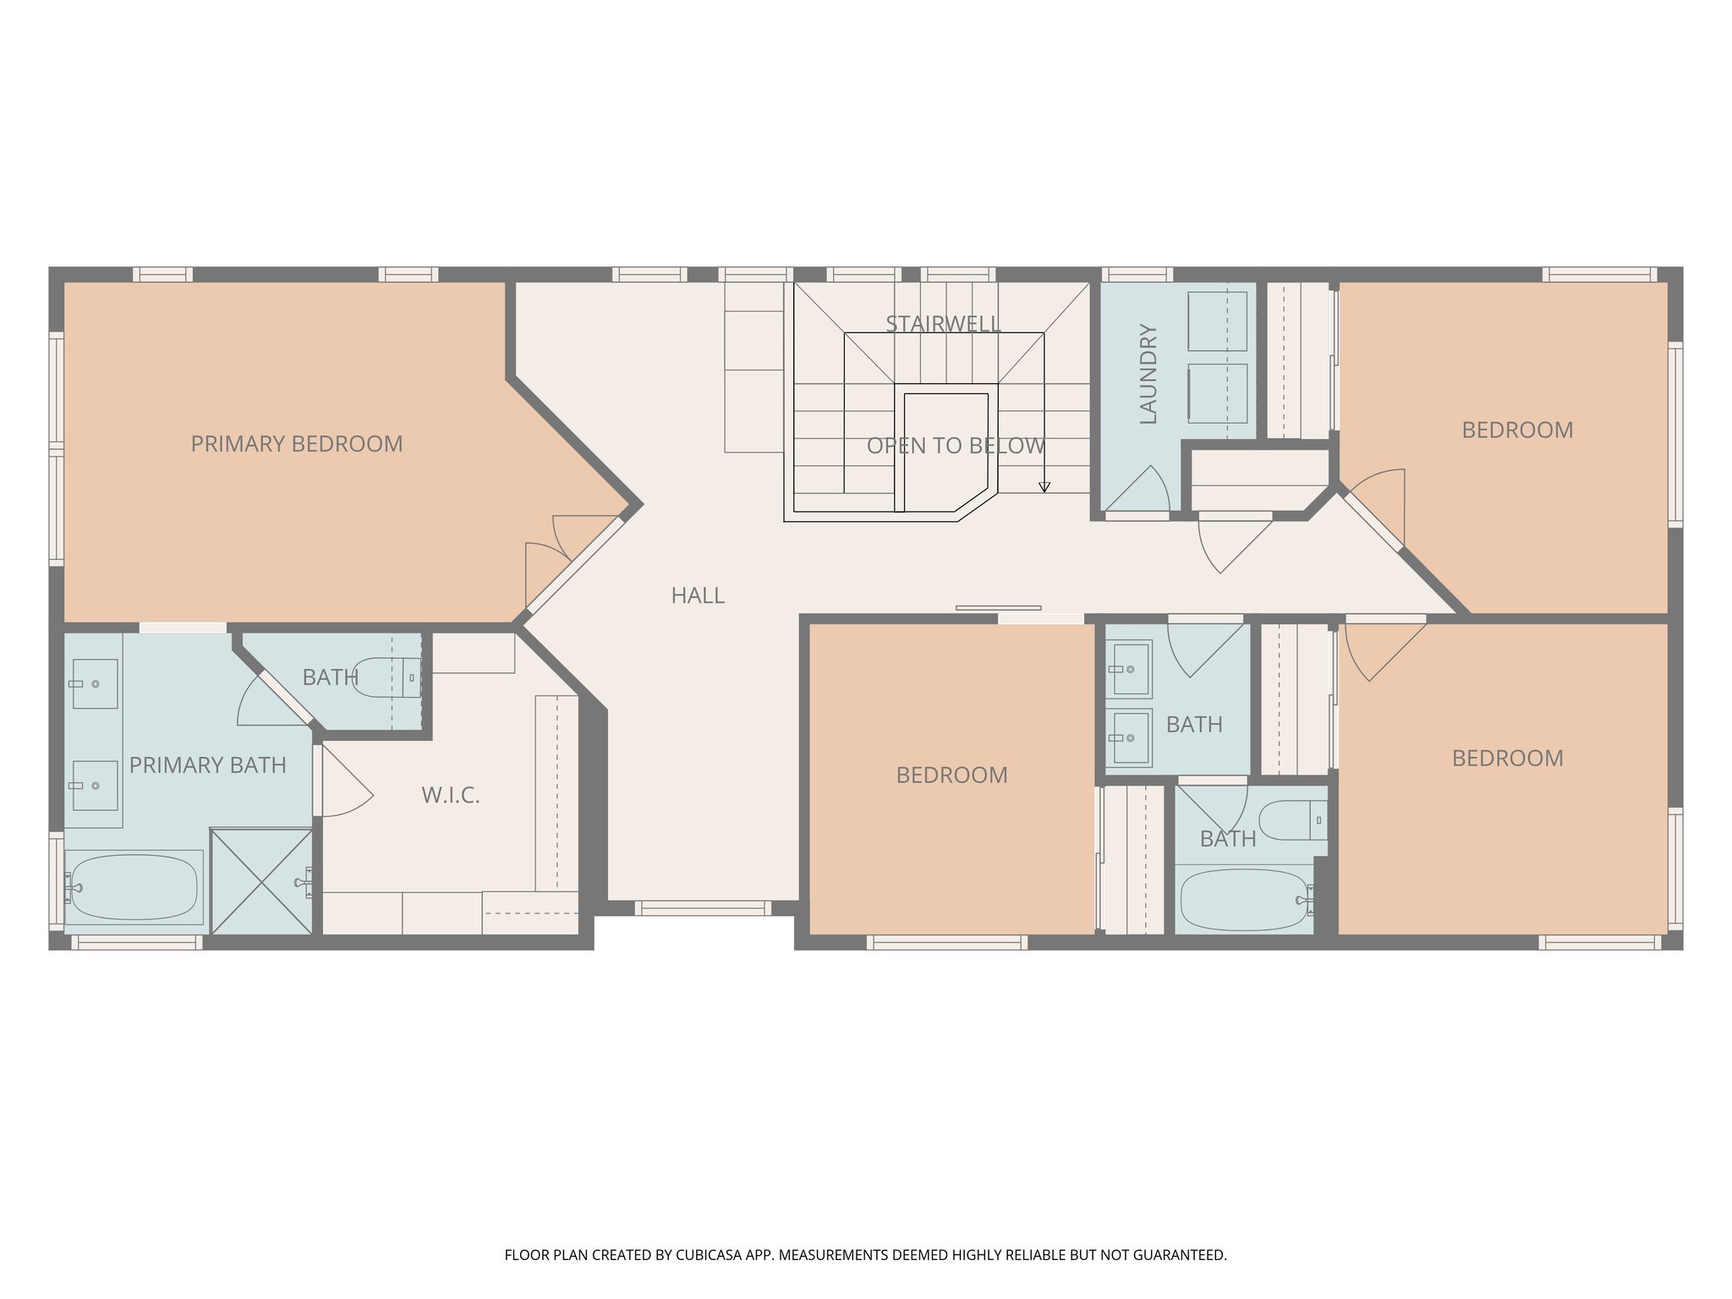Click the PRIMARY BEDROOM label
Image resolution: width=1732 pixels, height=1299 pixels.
click(x=296, y=444)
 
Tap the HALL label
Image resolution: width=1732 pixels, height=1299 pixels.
click(x=698, y=595)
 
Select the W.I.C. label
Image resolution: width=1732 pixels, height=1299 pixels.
click(x=450, y=795)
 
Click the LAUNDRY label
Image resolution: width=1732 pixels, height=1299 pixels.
click(x=1148, y=373)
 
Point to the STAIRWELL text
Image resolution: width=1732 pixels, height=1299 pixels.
click(x=943, y=323)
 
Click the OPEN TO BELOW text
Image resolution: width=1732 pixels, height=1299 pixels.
click(x=956, y=446)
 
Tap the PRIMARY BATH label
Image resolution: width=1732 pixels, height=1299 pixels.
click(x=207, y=765)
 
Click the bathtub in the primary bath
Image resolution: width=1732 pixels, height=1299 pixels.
click(x=134, y=887)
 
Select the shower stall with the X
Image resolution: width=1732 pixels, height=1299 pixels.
click(x=261, y=882)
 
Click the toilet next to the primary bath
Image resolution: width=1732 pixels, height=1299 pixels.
click(x=385, y=677)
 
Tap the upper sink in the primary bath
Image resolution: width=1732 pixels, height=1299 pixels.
click(x=94, y=683)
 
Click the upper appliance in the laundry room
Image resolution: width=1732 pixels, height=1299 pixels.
click(x=1217, y=321)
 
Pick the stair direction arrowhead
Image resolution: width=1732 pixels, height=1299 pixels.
click(x=1044, y=487)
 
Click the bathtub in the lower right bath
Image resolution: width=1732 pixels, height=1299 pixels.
click(x=1243, y=900)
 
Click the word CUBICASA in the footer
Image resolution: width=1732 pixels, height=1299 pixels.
click(x=708, y=1255)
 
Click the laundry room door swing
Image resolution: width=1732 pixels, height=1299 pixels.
click(x=1142, y=492)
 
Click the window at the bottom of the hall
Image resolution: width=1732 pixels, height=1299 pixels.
click(x=703, y=908)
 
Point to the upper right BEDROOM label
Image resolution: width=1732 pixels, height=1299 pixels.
click(x=1517, y=430)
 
